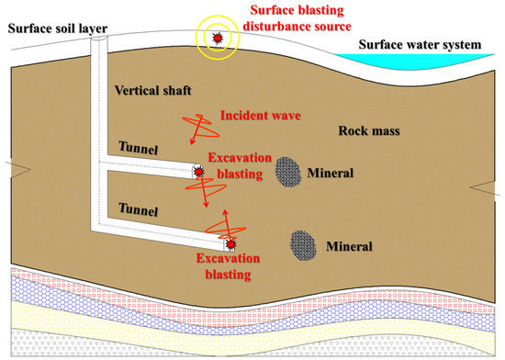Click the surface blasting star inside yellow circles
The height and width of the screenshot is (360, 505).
218,38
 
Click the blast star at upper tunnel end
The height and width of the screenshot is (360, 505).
198,171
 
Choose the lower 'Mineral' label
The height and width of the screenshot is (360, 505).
350,246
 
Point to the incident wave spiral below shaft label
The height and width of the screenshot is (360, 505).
195,128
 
